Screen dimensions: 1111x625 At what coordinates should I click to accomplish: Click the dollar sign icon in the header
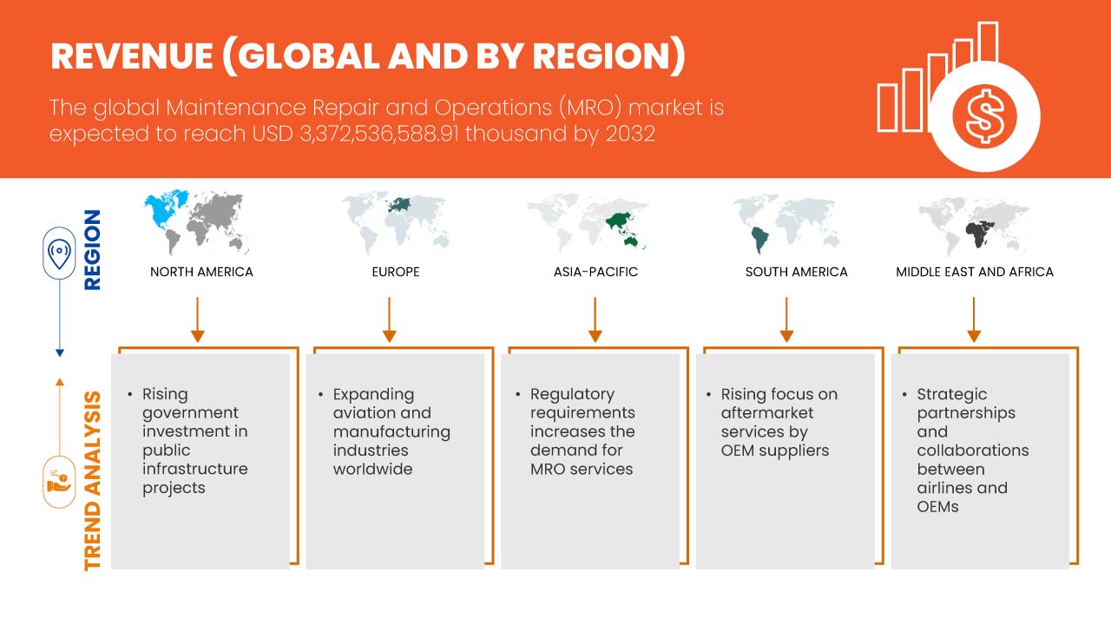tap(984, 116)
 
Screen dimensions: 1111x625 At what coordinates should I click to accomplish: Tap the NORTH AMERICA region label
tap(201, 272)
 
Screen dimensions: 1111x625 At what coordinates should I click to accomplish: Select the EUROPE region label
tap(396, 272)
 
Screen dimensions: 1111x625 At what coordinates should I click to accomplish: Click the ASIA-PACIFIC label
tap(595, 272)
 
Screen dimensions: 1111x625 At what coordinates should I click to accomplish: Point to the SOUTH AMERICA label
tap(797, 272)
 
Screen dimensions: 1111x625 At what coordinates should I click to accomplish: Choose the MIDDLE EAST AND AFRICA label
tap(975, 272)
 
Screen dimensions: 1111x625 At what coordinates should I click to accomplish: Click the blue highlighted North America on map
tap(165, 209)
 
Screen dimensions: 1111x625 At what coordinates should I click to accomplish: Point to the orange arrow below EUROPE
tap(390, 319)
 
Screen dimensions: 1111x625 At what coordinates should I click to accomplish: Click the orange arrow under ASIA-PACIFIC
tap(595, 319)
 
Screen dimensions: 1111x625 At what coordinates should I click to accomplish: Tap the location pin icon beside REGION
tap(59, 253)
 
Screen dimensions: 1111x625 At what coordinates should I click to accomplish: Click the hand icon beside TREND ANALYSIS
tap(59, 482)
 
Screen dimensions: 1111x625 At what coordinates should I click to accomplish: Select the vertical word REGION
tap(92, 249)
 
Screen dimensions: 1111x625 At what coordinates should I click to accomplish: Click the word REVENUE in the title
tap(132, 56)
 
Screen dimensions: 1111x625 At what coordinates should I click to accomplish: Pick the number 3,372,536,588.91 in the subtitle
tap(379, 134)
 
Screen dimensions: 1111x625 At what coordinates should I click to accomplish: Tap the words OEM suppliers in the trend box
tap(775, 451)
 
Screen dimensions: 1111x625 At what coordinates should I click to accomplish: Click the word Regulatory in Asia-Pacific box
tap(572, 395)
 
